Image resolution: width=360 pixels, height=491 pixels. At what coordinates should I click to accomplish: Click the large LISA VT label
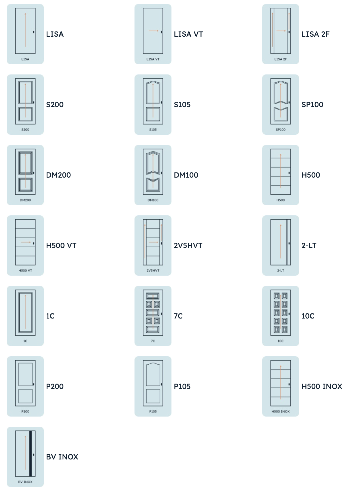(188, 34)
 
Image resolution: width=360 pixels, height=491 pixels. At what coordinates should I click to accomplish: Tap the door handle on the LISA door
(34, 32)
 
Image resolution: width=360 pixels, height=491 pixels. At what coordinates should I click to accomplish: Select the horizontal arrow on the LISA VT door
(154, 31)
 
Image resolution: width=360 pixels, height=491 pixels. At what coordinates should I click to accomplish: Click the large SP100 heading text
(312, 105)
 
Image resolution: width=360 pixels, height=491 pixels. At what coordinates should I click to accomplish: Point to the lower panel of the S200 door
(25, 114)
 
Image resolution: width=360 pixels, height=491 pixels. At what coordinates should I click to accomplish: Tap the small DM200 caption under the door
(25, 200)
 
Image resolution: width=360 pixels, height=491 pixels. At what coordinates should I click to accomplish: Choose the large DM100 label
(186, 175)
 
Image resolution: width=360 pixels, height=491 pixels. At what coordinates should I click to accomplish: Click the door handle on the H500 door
(289, 173)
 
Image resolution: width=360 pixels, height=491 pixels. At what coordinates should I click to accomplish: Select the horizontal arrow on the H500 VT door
(26, 242)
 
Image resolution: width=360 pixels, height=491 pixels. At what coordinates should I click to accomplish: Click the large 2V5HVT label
(188, 246)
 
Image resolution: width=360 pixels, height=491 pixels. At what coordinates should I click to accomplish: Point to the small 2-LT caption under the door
(281, 271)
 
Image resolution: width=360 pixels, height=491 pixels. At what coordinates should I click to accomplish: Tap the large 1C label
(50, 316)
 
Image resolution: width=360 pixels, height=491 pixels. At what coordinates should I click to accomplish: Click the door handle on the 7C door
(162, 314)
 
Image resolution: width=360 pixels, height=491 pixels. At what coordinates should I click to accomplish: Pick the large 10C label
(308, 316)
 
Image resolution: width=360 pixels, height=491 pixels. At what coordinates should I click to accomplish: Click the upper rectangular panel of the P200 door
(25, 374)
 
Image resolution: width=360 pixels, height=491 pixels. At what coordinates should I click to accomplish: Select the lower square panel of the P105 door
(153, 396)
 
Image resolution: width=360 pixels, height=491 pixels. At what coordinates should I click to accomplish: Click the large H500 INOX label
(322, 386)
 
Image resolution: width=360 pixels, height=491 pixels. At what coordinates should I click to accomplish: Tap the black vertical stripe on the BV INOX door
(30, 454)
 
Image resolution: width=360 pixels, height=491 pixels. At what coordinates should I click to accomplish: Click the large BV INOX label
(62, 457)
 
